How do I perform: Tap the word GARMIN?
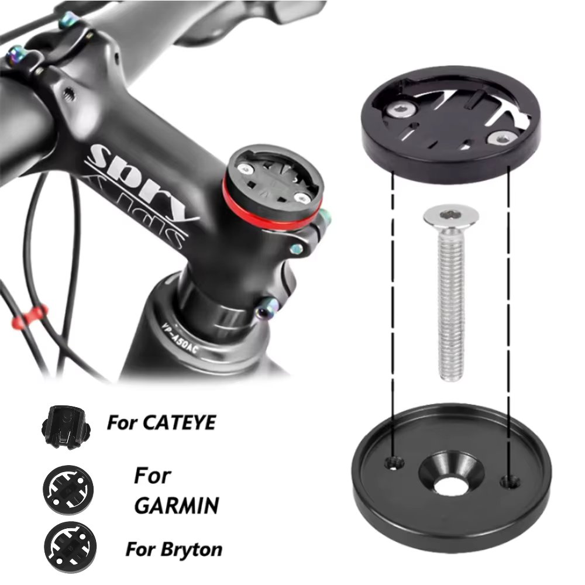pyautogui.click(x=177, y=505)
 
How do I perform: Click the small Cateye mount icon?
pyautogui.click(x=64, y=426)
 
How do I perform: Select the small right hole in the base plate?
pyautogui.click(x=510, y=481)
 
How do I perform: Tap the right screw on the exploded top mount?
pyautogui.click(x=500, y=138)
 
